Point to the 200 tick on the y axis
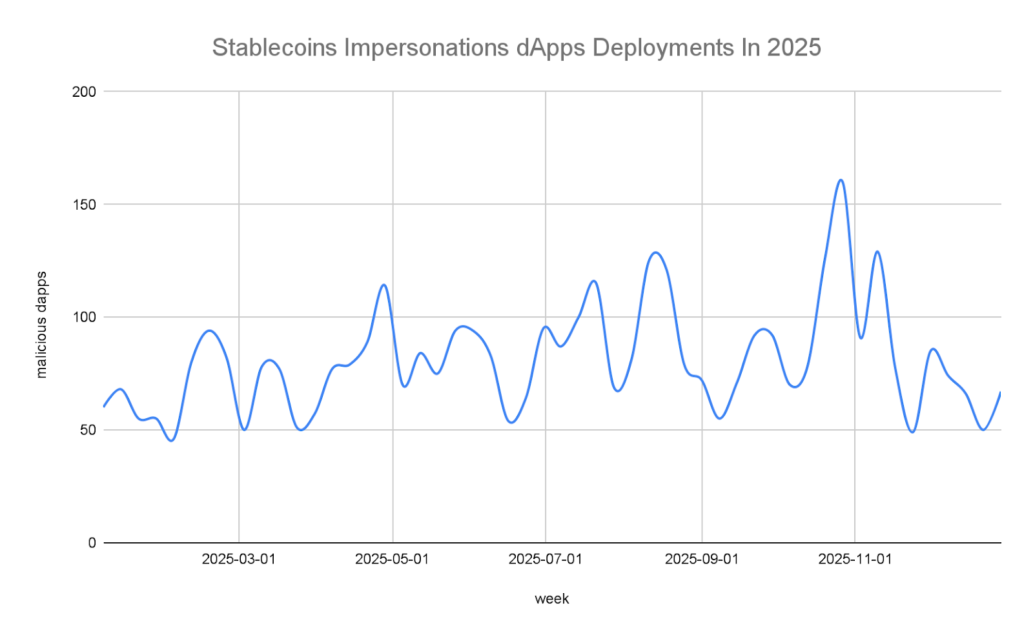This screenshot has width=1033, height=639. (84, 92)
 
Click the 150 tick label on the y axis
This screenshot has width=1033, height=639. (84, 205)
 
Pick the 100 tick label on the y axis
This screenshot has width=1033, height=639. (84, 318)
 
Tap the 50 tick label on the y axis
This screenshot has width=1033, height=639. (88, 431)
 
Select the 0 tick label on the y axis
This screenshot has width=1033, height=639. (92, 543)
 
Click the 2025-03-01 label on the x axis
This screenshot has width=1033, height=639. (239, 559)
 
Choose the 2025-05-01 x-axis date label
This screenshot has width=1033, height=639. (393, 559)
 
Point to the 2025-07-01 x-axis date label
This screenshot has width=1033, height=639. (546, 559)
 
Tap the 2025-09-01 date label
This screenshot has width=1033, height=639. (702, 559)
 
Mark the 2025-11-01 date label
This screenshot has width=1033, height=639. (855, 559)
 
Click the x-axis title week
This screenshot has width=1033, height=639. (552, 599)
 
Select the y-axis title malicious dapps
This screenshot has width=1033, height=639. (41, 325)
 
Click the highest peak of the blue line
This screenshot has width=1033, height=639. (841, 180)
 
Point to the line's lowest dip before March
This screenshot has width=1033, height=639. (171, 440)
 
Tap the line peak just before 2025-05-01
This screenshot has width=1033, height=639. (384, 285)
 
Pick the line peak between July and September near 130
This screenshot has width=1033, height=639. (655, 252)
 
